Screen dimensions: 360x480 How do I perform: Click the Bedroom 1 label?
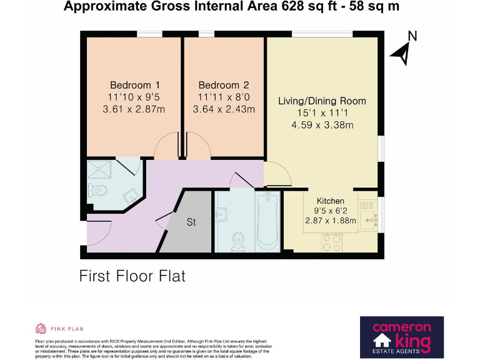coord(135,85)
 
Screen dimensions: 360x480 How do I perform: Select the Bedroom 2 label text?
coord(224,85)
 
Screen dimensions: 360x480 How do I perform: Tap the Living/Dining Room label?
coord(322,101)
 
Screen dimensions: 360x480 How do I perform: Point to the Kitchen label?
coord(330,201)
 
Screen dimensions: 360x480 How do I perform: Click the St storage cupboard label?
coord(191,222)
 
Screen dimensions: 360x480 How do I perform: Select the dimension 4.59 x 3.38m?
coord(322,124)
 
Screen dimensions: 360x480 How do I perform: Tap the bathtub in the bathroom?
coord(267,222)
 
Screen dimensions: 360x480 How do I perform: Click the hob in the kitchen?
coord(332,242)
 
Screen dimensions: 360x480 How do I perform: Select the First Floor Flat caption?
coord(132,276)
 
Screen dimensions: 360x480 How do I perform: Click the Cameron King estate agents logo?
coord(402,336)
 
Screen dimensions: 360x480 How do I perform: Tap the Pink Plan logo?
coord(59,328)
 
